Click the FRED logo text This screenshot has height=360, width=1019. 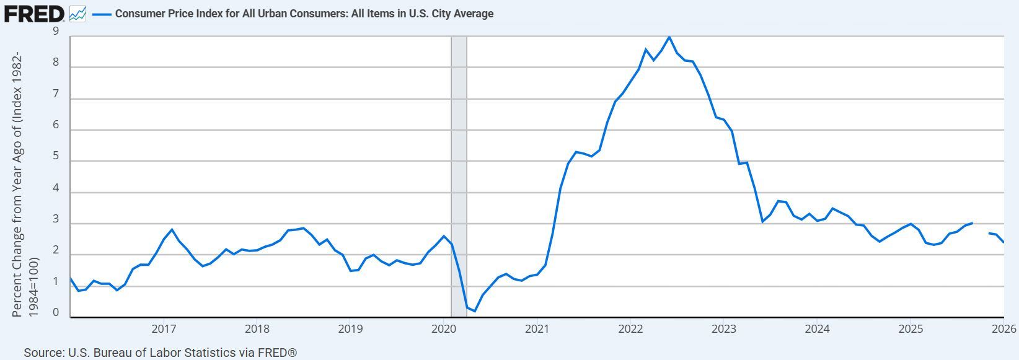click(34, 13)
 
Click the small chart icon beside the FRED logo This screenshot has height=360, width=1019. click(77, 13)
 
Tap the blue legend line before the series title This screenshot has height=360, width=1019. click(101, 14)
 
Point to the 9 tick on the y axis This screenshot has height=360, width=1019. click(56, 31)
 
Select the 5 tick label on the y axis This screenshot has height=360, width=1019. click(56, 157)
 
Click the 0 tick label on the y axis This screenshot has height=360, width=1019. click(56, 313)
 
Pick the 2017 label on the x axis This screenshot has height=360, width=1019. click(164, 328)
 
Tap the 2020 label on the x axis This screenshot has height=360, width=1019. click(443, 328)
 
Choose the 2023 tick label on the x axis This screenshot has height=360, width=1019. click(723, 328)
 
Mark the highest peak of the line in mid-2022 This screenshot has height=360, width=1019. click(669, 37)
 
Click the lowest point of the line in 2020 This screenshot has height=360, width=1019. click(475, 310)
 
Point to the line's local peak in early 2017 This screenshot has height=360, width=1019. click(172, 229)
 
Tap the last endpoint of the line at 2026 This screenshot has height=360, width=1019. click(1004, 242)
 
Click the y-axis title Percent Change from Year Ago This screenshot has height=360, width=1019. click(17, 183)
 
